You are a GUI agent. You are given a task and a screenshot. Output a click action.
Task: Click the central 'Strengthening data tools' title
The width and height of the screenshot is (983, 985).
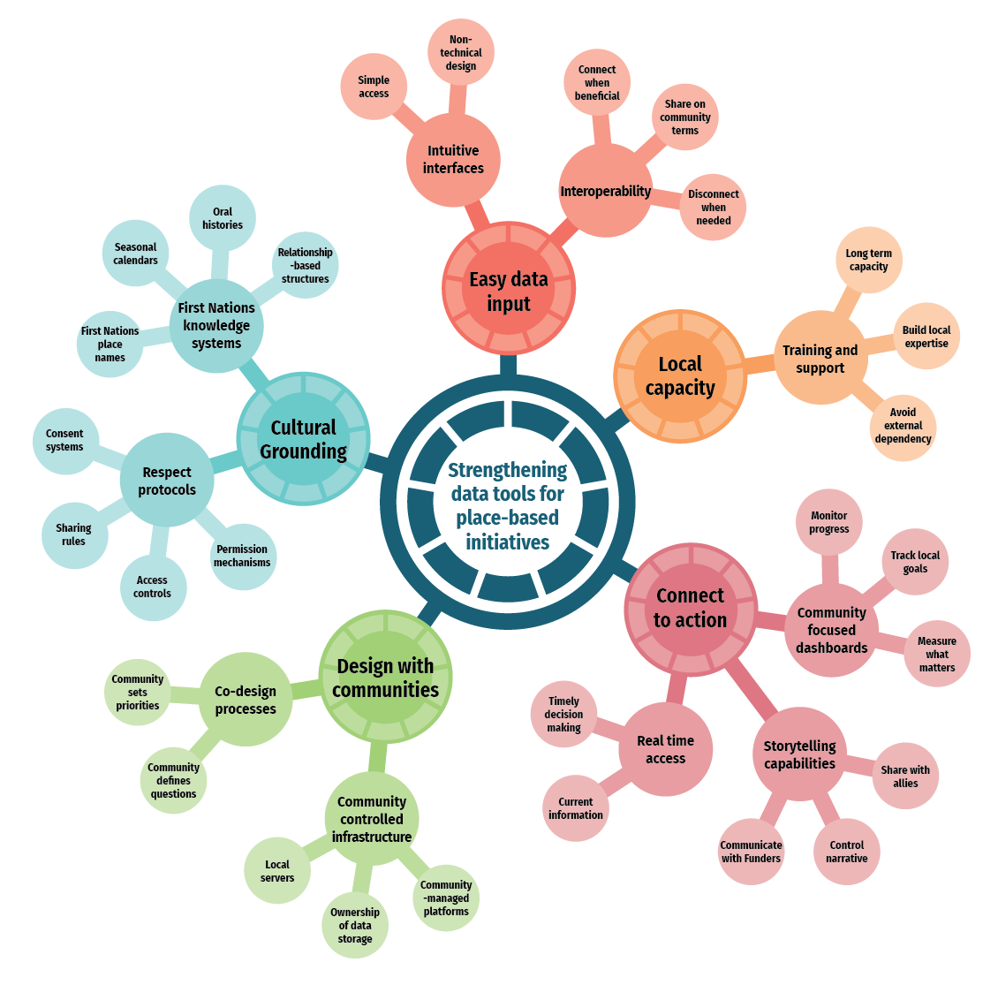coord(507,505)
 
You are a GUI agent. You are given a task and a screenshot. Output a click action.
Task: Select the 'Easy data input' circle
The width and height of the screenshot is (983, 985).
coord(508,291)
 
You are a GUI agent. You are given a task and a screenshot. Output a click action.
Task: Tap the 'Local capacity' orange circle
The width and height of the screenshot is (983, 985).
coord(679,375)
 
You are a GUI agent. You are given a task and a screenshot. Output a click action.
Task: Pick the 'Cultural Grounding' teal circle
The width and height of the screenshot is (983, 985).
coord(303,439)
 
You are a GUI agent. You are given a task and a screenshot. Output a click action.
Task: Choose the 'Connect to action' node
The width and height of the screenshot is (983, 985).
coord(690,608)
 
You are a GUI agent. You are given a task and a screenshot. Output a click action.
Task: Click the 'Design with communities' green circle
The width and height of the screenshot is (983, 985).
coord(385,678)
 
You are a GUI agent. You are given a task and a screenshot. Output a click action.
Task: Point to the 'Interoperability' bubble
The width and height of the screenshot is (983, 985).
coord(606,191)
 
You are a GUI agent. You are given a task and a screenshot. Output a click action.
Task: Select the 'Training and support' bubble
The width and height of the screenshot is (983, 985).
coord(820,359)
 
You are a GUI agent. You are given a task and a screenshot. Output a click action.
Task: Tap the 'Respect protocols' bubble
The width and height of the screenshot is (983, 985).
coord(167,481)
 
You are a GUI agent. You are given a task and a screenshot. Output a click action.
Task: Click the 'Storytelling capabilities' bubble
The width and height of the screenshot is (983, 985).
coord(799,754)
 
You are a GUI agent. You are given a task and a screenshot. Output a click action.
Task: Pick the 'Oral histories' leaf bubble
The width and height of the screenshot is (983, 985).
coord(223,218)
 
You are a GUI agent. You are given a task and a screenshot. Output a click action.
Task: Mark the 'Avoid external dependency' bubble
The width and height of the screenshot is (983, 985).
coord(903,426)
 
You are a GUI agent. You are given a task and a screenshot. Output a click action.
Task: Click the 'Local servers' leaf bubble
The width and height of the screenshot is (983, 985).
coord(277,870)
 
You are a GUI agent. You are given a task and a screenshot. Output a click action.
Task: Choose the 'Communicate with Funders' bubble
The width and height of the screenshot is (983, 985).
coord(751,852)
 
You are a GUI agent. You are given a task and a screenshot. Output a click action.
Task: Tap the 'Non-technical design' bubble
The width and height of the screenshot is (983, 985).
coord(460,52)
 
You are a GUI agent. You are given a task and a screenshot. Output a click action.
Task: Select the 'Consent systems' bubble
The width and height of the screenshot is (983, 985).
coord(65,440)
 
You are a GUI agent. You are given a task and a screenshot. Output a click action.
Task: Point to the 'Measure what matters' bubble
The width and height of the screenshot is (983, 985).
coord(936,654)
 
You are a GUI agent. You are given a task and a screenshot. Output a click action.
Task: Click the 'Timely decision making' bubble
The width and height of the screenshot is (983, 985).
coord(563,714)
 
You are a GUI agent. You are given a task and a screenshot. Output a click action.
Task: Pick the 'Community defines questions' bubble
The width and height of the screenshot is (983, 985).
coord(173,780)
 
